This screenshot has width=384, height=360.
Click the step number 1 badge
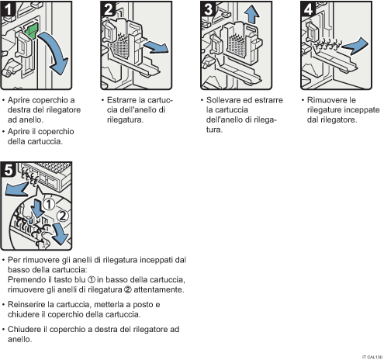coord(10,10)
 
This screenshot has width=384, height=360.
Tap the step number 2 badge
coord(110,10)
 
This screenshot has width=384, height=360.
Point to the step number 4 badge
coord(308,10)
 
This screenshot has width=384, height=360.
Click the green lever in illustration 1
coord(32,33)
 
